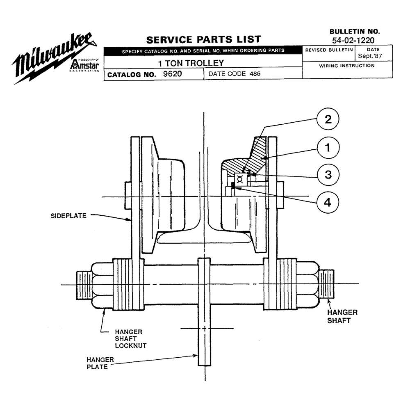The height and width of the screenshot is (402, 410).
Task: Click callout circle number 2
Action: click(328, 119)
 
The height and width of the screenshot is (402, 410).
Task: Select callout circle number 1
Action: click(328, 148)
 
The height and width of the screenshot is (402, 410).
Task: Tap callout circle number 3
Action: click(328, 174)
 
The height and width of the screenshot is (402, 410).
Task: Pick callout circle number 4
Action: click(327, 202)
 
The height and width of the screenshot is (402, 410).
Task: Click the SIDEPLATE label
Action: click(68, 216)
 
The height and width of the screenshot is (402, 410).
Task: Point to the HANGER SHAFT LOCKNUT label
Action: click(130, 339)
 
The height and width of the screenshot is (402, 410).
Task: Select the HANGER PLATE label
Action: click(100, 363)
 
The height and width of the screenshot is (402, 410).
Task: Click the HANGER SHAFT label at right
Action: click(342, 316)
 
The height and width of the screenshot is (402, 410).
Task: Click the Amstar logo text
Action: click(84, 64)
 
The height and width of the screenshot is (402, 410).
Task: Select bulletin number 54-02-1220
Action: click(353, 40)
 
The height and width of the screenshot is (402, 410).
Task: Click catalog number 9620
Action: click(172, 74)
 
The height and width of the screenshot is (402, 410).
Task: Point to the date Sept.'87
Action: click(370, 56)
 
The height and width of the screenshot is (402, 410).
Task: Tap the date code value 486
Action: click(255, 74)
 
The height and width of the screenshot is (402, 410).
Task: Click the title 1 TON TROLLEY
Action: click(191, 63)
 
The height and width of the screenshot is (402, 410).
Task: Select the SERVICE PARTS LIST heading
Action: click(204, 39)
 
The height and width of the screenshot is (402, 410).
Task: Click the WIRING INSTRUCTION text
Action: click(347, 66)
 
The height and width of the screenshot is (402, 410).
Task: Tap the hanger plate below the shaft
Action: click(204, 311)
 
